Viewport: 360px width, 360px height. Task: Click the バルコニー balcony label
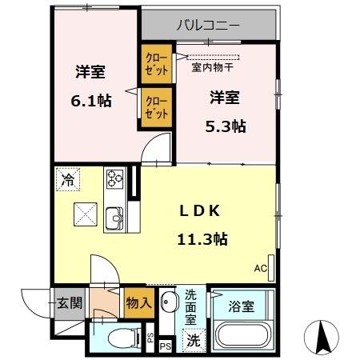click(208, 26)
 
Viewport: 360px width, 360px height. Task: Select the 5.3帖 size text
click(227, 126)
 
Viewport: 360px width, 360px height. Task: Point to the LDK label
click(198, 210)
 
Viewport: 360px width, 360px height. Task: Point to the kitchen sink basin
click(114, 217)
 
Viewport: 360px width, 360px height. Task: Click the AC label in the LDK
click(261, 268)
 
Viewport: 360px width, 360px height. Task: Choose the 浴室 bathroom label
click(242, 305)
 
